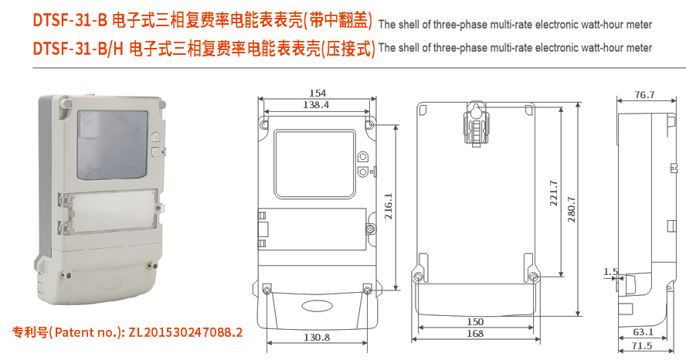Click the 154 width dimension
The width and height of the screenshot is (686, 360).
pos(317,93)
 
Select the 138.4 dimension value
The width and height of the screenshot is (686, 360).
pos(316,104)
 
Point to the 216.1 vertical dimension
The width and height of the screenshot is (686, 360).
pos(388,206)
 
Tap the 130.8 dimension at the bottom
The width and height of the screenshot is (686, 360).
pos(317,338)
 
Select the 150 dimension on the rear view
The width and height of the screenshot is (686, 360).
pos(475,322)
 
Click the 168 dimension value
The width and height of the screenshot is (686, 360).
pos(475,334)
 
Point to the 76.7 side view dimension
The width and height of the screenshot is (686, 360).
pos(644,95)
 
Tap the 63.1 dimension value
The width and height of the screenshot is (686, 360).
pos(643,333)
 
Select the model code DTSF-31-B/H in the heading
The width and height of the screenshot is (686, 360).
pos(78,49)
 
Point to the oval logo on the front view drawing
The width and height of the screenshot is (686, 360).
pos(317,304)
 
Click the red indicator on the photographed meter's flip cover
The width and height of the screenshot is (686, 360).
pos(159,206)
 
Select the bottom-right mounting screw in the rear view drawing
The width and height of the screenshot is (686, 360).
pos(533,277)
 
